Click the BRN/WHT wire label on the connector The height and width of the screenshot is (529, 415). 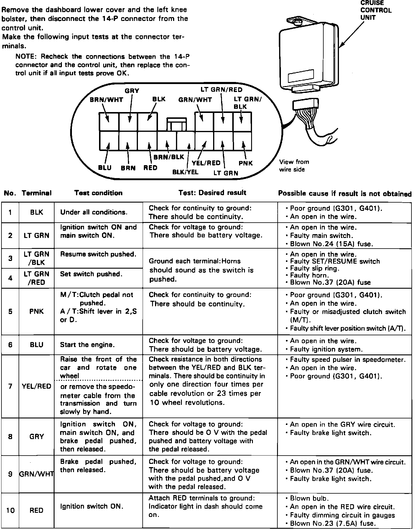coord(106,100)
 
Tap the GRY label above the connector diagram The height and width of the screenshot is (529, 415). coord(132,91)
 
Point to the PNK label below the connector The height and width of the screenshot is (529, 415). coord(246,163)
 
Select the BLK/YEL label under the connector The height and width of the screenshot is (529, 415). coord(185,172)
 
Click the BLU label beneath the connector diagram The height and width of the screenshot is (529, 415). coord(105,168)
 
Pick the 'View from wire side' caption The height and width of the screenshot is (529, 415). coord(294,166)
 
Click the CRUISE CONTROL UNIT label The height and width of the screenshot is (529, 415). coord(376,10)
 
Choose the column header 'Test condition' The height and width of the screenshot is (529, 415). coord(98,193)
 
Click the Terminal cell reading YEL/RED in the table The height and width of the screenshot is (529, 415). coord(37,386)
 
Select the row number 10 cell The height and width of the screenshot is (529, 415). coord(10,510)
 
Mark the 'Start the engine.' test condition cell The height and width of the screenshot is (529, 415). coord(87,345)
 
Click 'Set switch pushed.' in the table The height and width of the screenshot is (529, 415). coord(91,274)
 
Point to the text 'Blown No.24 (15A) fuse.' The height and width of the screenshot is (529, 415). coord(332,244)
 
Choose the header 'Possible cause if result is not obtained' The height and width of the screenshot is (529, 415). coord(345,194)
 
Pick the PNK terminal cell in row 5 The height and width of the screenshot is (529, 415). coord(37,311)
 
